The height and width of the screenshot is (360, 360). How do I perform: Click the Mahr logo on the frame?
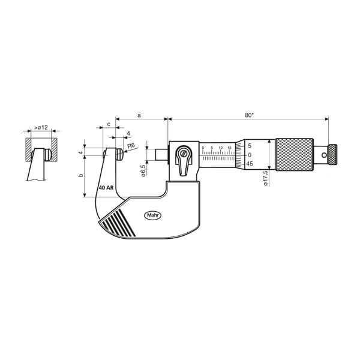coord(152,215)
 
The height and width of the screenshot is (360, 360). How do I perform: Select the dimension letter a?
coord(139,115)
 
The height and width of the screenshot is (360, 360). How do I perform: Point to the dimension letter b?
coord(80,175)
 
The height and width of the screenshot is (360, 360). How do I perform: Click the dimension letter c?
coord(109,124)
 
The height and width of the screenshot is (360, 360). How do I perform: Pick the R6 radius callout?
coord(131,146)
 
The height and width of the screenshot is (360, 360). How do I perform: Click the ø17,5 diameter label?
coord(266,178)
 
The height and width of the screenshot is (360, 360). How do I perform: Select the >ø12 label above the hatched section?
coord(41,127)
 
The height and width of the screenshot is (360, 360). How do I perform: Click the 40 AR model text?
coord(106,188)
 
